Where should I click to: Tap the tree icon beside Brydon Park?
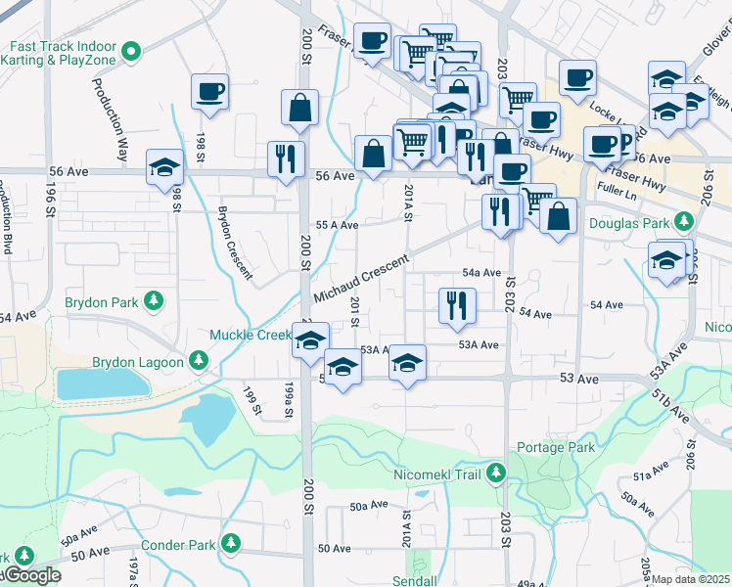(154, 301)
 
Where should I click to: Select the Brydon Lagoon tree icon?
(199, 361)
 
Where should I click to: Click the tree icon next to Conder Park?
(231, 543)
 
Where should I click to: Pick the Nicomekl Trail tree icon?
(496, 474)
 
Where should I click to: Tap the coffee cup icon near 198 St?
(209, 93)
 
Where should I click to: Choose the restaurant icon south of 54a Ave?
(456, 306)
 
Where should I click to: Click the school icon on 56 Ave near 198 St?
(164, 168)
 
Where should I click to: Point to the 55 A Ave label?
(336, 224)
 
